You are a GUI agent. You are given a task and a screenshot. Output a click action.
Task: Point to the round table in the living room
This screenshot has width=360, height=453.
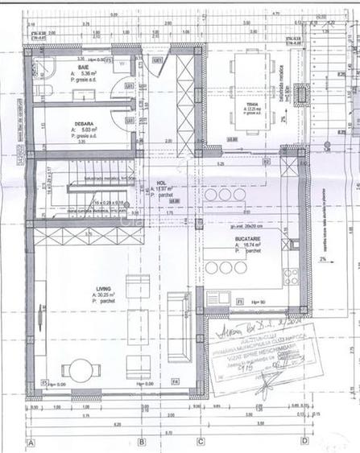[81, 370]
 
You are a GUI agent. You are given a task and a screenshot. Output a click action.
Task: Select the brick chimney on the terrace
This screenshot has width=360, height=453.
[303, 94]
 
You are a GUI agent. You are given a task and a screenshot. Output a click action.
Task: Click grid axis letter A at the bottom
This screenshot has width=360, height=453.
[31, 442]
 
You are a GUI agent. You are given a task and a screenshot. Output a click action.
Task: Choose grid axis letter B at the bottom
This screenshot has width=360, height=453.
[142, 442]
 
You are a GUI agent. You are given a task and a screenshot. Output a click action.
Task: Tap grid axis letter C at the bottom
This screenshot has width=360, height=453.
[201, 442]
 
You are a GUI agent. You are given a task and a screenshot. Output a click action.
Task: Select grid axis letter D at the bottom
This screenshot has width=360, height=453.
[304, 442]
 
